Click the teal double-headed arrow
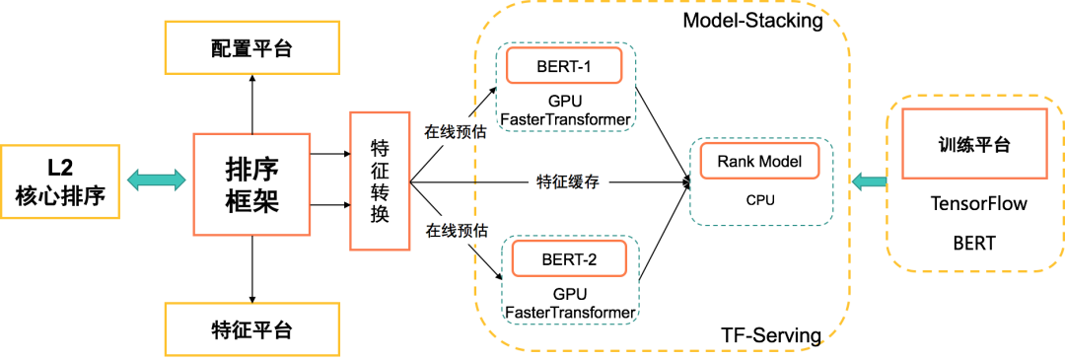tap(156, 180)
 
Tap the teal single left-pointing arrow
tap(868, 181)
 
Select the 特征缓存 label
tap(568, 181)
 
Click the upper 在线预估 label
tap(456, 131)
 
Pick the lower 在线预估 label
tap(456, 230)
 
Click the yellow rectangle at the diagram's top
tap(251, 47)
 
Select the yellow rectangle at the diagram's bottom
tap(251, 329)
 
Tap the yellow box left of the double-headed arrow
tap(59, 181)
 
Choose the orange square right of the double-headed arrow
tap(251, 184)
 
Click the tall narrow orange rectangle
tap(380, 181)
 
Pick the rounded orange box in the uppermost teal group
tap(564, 65)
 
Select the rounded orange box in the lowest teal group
tap(569, 258)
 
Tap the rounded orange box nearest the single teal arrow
tap(759, 161)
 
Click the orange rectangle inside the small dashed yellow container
tap(974, 143)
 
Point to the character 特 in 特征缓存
tap(543, 181)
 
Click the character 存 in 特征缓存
tap(593, 181)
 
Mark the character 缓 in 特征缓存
tap(576, 181)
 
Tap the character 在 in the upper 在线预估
tap(432, 131)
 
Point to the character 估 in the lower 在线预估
tap(480, 230)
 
